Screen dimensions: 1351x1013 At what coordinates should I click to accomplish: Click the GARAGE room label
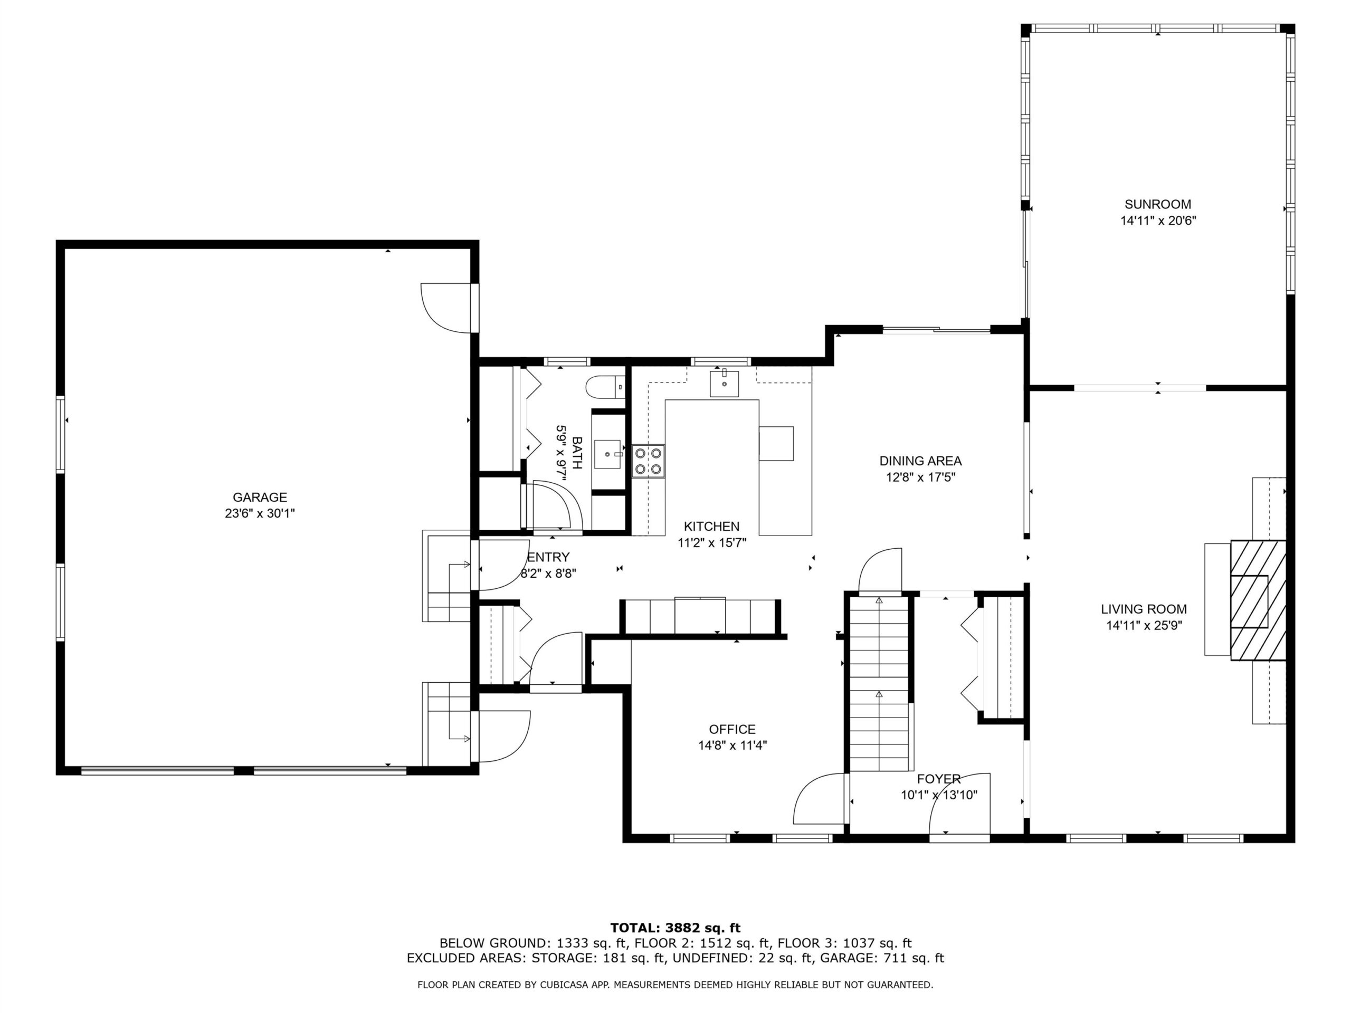(x=260, y=497)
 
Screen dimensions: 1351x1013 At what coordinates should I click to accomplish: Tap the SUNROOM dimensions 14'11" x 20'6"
(x=1157, y=221)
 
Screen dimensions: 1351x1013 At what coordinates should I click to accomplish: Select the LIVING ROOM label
(x=1144, y=609)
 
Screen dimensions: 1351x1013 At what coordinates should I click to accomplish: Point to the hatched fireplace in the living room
(x=1258, y=600)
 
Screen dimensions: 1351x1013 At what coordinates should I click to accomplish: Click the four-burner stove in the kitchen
(x=648, y=462)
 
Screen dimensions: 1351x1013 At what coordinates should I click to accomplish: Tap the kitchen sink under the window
(x=724, y=384)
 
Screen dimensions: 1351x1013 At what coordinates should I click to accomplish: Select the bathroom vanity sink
(x=608, y=454)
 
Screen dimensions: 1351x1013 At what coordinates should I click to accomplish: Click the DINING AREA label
(x=920, y=461)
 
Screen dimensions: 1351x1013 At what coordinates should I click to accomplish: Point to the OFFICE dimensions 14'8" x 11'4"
(x=732, y=745)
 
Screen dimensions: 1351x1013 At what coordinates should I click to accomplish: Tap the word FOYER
(x=939, y=779)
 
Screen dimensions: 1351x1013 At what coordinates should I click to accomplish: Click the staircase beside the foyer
(x=879, y=684)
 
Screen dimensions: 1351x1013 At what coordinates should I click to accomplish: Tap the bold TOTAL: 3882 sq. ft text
(x=675, y=929)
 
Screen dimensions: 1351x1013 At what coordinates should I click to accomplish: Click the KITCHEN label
(x=711, y=527)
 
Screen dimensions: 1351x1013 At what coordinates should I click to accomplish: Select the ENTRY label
(x=548, y=557)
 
